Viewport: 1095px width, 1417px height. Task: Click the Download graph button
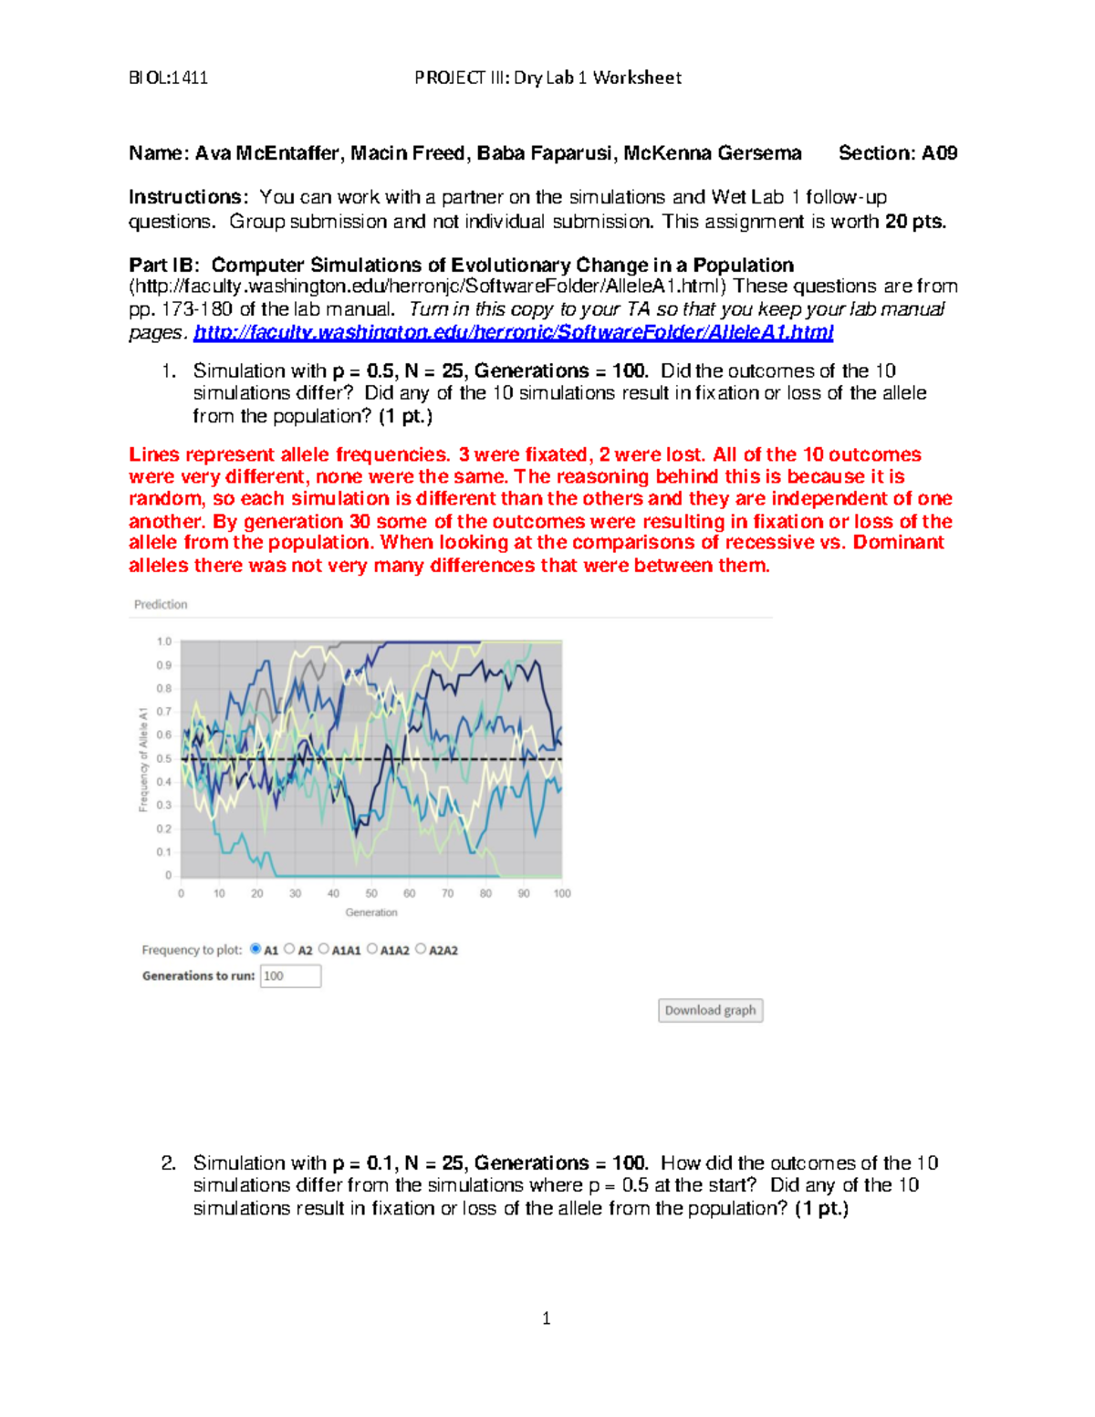[x=710, y=1010]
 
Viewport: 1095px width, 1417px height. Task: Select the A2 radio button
[x=290, y=949]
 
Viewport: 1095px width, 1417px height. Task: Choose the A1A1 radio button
[x=324, y=949]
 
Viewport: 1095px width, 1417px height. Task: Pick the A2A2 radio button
[x=421, y=949]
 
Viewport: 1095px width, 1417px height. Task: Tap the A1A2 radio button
[x=372, y=949]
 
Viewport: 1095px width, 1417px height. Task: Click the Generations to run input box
[x=290, y=976]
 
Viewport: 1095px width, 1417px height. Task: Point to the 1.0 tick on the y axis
[x=163, y=641]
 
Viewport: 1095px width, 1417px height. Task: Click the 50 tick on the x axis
[x=371, y=893]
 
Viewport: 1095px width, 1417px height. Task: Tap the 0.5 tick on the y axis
[x=163, y=758]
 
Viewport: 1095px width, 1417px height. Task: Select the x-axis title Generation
[x=371, y=912]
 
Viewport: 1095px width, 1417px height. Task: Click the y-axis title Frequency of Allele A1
[x=143, y=758]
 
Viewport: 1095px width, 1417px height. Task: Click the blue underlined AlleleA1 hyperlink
[x=513, y=332]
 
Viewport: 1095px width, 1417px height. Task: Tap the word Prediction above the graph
[x=161, y=604]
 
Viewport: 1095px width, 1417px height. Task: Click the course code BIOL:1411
[x=168, y=78]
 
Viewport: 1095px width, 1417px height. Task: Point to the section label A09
[x=939, y=153]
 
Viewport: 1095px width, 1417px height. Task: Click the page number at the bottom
[x=546, y=1318]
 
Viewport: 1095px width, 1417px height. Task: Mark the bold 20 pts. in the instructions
[x=915, y=222]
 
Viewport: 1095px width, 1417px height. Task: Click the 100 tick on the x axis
[x=562, y=893]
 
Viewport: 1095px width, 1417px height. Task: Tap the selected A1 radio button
[x=255, y=949]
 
